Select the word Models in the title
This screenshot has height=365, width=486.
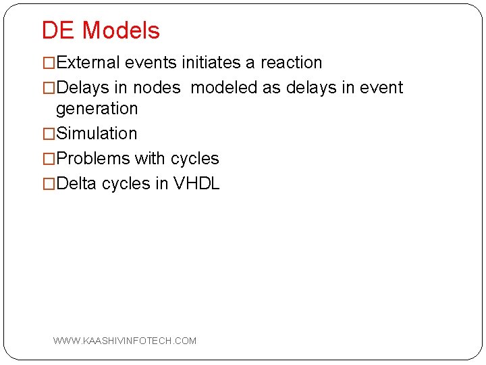(x=121, y=30)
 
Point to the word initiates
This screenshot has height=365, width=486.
(x=211, y=63)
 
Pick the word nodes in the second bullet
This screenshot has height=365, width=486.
(x=157, y=88)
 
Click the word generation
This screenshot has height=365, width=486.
(x=97, y=108)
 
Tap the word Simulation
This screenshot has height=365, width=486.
(x=97, y=133)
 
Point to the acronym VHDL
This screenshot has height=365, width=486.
(x=196, y=183)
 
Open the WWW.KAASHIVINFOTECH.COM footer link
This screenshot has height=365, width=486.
(x=125, y=341)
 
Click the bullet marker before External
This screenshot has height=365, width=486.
(x=49, y=63)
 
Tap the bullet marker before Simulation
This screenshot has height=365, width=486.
(x=49, y=133)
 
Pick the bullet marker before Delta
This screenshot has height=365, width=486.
(x=49, y=183)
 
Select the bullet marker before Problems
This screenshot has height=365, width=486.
(x=49, y=158)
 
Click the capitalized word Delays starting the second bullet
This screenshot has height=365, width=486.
(x=84, y=88)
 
